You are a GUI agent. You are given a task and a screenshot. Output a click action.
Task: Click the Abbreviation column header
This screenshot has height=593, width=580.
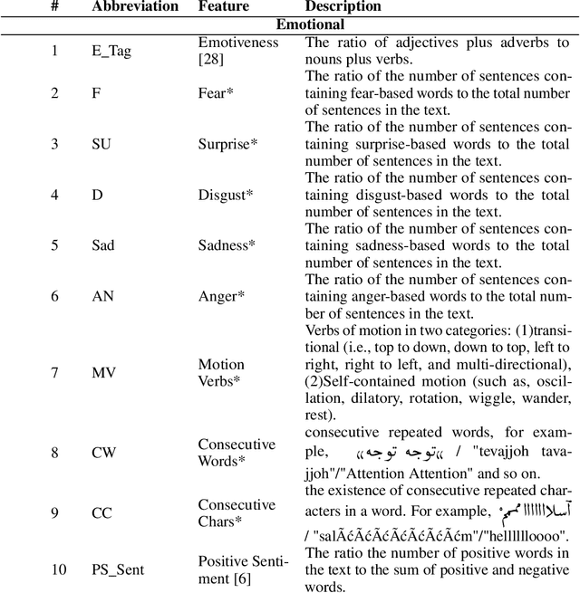[135, 7]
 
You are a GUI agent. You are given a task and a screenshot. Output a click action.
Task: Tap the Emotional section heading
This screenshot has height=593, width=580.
[289, 25]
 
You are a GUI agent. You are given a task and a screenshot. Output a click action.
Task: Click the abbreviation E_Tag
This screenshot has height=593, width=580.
[111, 51]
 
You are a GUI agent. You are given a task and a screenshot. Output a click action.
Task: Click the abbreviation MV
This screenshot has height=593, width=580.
[103, 372]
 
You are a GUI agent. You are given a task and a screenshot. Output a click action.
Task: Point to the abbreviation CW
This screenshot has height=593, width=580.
[103, 452]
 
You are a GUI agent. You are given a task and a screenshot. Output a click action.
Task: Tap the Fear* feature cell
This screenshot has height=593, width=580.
[216, 93]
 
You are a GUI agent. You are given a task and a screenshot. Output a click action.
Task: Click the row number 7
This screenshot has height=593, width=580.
[54, 372]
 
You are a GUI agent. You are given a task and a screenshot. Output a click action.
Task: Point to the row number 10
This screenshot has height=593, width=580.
[57, 569]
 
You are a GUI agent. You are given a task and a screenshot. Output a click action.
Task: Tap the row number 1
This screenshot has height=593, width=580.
[54, 51]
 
